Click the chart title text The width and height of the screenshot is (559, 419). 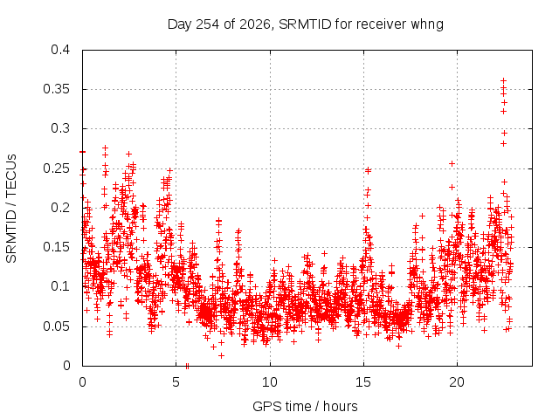[306, 24]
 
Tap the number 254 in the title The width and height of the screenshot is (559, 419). [208, 24]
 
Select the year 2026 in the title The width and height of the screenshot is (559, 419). [255, 24]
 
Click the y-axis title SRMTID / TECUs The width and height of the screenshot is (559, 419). [11, 209]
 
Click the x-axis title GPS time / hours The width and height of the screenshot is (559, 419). [305, 406]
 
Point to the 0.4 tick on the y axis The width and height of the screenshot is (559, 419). [60, 50]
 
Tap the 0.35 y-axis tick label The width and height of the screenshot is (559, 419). [57, 89]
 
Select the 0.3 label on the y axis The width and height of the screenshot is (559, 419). [60, 128]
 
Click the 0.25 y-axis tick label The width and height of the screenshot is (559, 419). [57, 168]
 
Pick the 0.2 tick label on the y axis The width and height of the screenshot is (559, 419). [60, 208]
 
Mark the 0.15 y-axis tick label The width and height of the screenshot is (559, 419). [57, 247]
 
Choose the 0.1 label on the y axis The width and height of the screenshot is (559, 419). [60, 286]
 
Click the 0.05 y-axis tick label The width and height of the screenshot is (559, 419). [57, 326]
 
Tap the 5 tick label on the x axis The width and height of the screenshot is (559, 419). [176, 382]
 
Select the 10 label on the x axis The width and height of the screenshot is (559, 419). [270, 382]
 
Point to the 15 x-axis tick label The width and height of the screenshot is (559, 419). [363, 382]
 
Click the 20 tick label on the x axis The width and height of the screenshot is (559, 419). [457, 382]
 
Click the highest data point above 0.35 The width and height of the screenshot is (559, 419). [503, 81]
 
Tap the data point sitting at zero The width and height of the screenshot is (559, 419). [187, 366]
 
